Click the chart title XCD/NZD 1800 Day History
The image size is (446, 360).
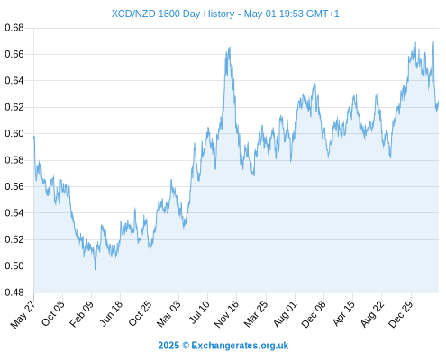tap(173, 13)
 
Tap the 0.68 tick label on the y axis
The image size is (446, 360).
tap(14, 28)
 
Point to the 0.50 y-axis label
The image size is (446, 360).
tap(14, 265)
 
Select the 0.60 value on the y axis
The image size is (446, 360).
tap(14, 133)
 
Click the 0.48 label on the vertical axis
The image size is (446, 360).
tap(14, 292)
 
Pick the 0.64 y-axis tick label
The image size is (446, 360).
tap(14, 81)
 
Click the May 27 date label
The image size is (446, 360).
tap(23, 314)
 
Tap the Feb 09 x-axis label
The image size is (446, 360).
tap(81, 314)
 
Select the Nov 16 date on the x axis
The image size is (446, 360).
tap(226, 314)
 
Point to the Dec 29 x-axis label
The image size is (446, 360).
tap(401, 314)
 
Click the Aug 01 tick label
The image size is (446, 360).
tap(285, 314)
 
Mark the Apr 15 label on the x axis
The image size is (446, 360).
tap(343, 314)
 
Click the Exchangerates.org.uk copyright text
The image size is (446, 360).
tap(223, 346)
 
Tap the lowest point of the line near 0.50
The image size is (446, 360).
tap(96, 269)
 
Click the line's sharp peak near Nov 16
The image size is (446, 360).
tap(230, 47)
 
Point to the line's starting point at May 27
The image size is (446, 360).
tap(34, 137)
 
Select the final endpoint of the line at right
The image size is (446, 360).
tap(439, 101)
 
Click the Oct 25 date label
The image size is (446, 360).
tap(140, 314)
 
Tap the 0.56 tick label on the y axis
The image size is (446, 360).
tap(14, 186)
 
